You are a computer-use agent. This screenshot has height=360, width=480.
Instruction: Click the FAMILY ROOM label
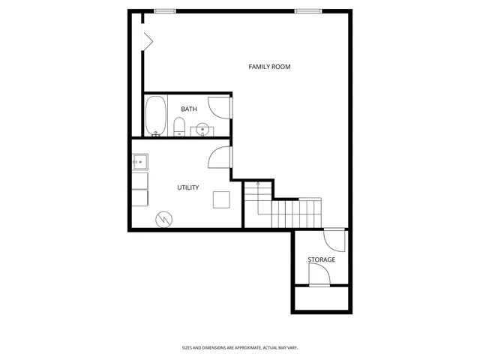[x=269, y=67]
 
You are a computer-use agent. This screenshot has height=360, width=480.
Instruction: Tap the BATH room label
[x=189, y=109]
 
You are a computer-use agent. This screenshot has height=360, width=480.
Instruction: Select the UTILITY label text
[x=187, y=187]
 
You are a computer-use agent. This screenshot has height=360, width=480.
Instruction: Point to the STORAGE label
[x=321, y=259]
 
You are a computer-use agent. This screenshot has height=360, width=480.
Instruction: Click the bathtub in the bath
[x=156, y=116]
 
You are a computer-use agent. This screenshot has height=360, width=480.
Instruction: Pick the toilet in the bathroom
[x=179, y=127]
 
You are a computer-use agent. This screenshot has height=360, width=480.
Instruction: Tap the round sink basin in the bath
[x=202, y=129]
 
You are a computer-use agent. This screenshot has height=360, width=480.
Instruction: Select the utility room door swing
[x=219, y=157]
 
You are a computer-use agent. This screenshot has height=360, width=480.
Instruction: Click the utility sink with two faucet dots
[x=140, y=161]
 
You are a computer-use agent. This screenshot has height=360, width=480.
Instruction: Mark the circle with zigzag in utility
[x=163, y=219]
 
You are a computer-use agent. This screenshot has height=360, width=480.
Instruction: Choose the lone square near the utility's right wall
[x=221, y=199]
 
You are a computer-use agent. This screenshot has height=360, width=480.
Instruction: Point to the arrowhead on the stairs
[x=257, y=183]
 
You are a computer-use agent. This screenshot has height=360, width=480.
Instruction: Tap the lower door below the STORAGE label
[x=319, y=275]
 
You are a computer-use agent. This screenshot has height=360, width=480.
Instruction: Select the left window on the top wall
[x=165, y=10]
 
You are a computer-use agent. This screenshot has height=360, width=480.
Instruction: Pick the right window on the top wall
[x=305, y=10]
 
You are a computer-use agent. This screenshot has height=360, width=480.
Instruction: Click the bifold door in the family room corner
[x=148, y=40]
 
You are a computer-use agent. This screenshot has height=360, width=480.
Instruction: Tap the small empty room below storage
[x=321, y=298]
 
